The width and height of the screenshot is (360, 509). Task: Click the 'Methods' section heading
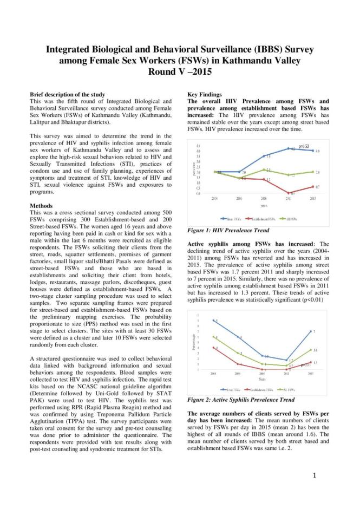click(x=42, y=206)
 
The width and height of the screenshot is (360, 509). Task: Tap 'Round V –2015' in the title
click(x=180, y=71)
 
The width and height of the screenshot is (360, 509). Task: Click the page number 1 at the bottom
click(x=314, y=475)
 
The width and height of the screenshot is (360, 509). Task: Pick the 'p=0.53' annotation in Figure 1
click(x=304, y=146)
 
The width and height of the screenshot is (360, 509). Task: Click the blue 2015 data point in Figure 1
click(x=312, y=151)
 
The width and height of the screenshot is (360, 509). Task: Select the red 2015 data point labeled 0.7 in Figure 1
click(x=312, y=186)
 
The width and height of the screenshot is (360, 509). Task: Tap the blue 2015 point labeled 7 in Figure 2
click(x=311, y=331)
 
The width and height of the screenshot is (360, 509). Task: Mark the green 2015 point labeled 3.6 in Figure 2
click(x=311, y=350)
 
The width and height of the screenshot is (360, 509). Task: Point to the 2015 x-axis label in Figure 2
click(x=311, y=374)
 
